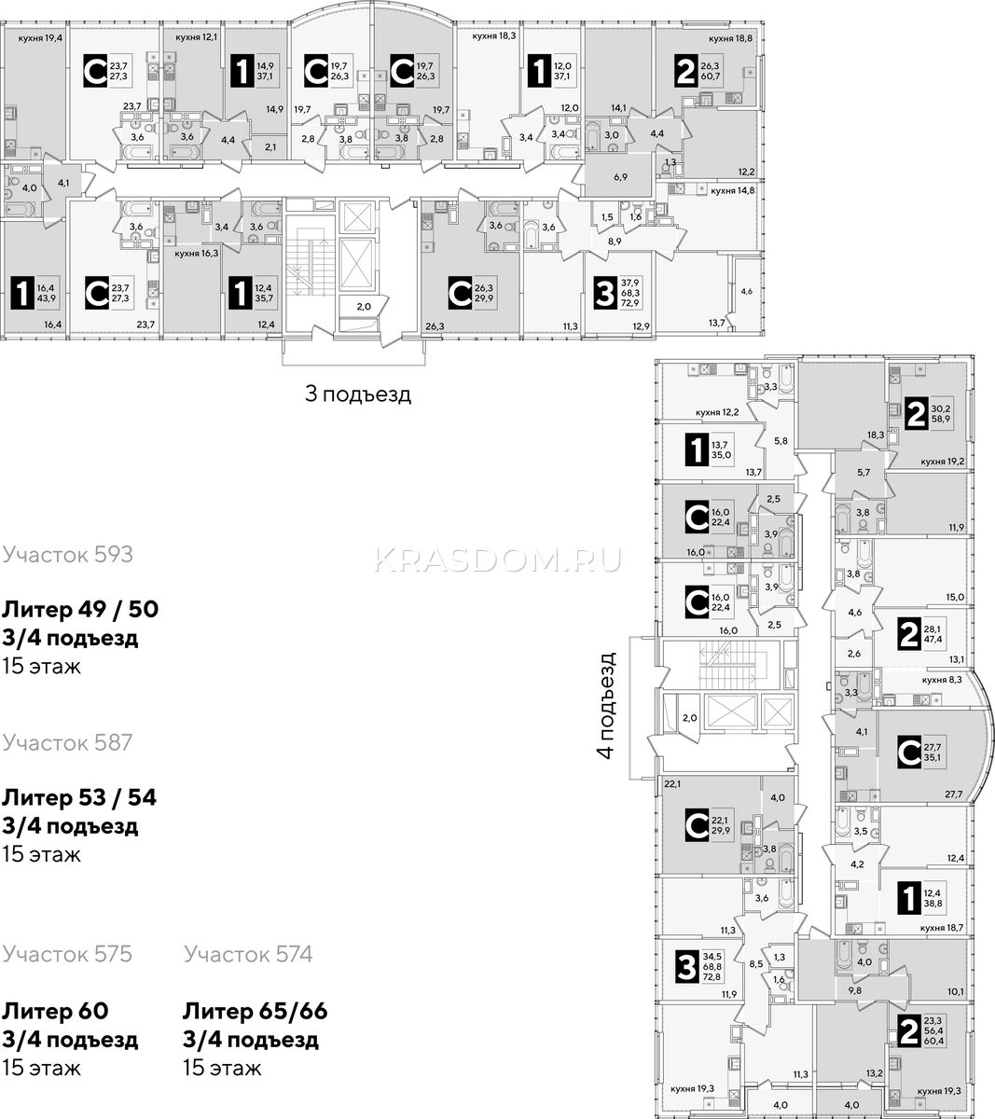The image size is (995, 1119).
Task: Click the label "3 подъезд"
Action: tap(358, 394)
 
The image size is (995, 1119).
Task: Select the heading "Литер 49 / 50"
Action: tap(80, 609)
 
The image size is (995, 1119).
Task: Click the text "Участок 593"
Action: tap(67, 555)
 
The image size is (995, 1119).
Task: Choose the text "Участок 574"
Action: tap(248, 954)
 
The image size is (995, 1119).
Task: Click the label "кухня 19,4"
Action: tap(40, 38)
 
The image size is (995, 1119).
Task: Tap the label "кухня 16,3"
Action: tap(196, 254)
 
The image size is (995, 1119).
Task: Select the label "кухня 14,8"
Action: tap(733, 190)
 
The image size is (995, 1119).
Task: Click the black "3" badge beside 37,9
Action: tap(604, 294)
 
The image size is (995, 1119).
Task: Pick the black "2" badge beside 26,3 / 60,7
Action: tap(685, 72)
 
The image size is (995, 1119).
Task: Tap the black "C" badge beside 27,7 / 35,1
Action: tap(909, 752)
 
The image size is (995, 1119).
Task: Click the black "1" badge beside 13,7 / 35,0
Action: tap(697, 449)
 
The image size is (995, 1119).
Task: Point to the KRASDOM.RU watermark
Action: tap(497, 559)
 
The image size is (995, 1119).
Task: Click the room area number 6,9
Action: tap(620, 178)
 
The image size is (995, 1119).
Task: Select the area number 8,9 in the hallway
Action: tap(615, 242)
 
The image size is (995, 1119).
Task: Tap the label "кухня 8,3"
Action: tap(942, 680)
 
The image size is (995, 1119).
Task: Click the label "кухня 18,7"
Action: tap(942, 928)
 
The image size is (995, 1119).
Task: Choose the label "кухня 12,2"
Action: tap(717, 412)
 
